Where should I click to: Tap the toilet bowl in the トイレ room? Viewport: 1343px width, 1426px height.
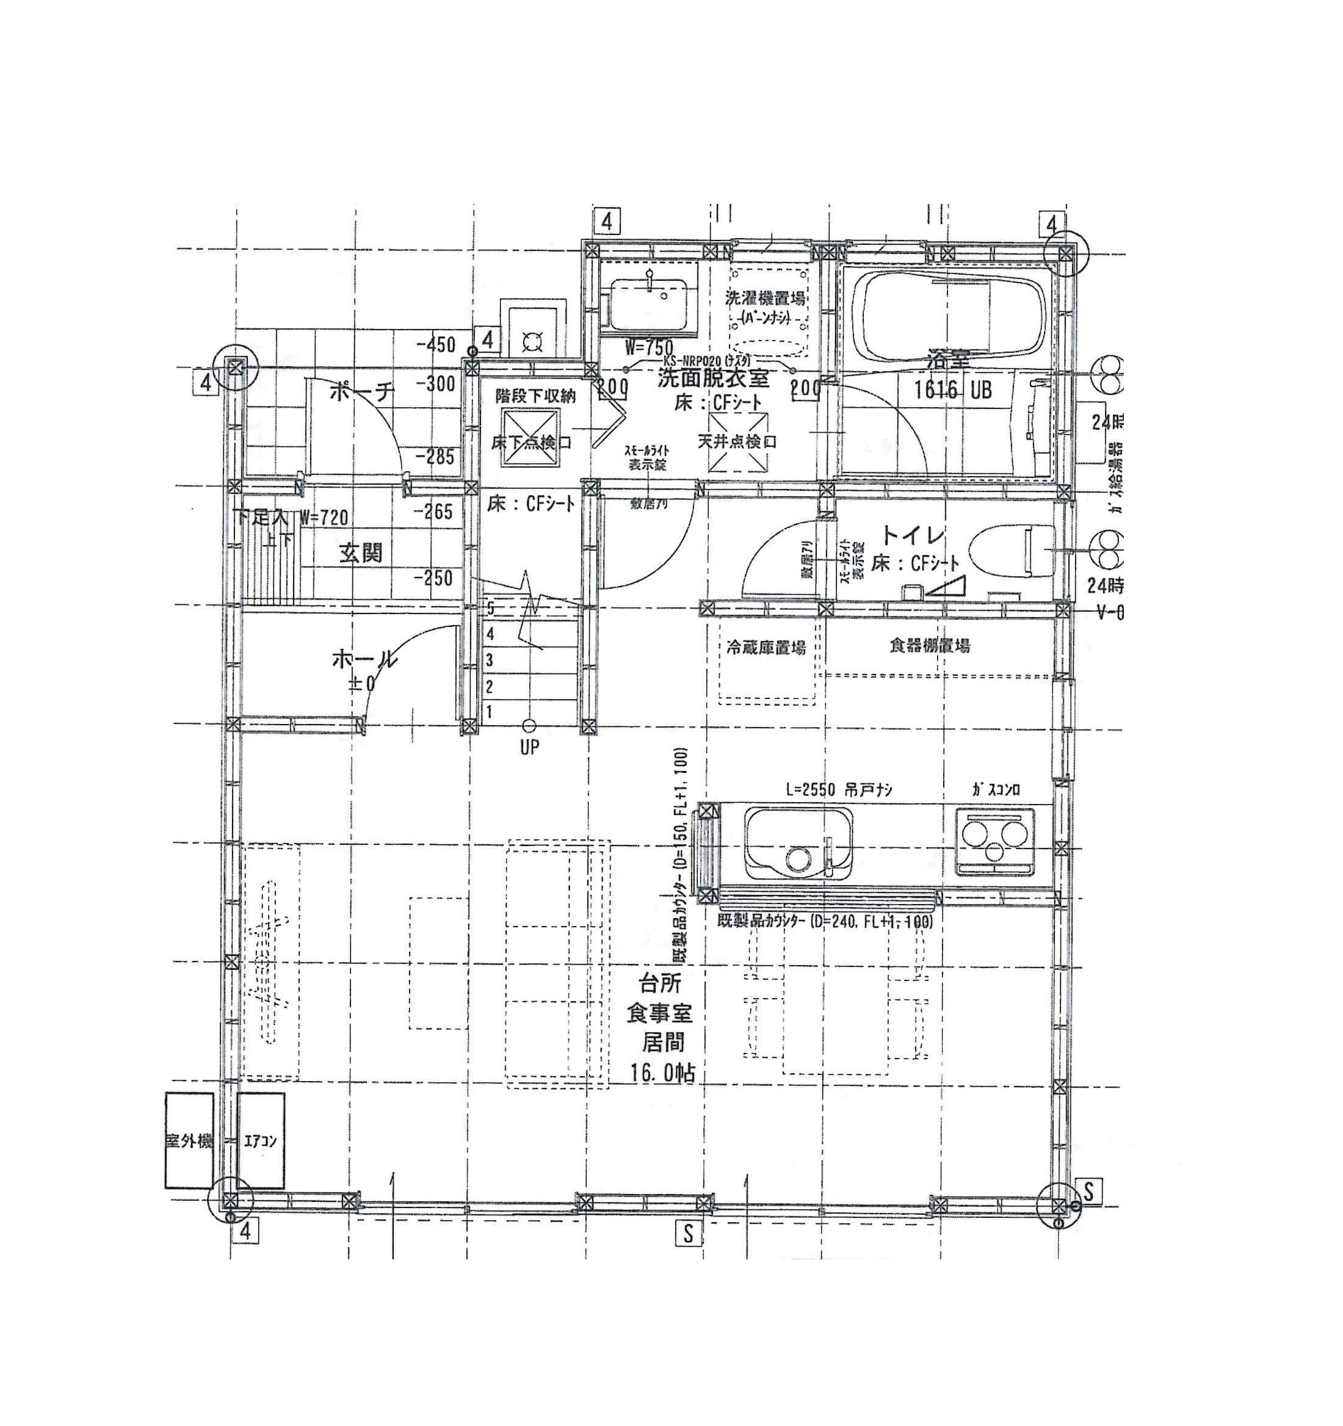point(1012,551)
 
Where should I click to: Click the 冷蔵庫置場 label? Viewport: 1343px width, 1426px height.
point(766,648)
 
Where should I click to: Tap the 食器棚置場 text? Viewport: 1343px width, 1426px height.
point(929,646)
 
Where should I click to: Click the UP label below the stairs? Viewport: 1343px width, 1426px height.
point(529,747)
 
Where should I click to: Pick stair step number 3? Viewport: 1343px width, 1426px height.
point(490,660)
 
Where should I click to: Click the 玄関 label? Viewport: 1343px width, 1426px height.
point(361,553)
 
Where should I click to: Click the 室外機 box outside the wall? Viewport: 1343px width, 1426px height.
point(189,1140)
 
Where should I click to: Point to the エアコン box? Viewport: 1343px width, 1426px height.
point(261,1140)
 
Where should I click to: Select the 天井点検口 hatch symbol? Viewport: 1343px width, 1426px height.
point(738,441)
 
